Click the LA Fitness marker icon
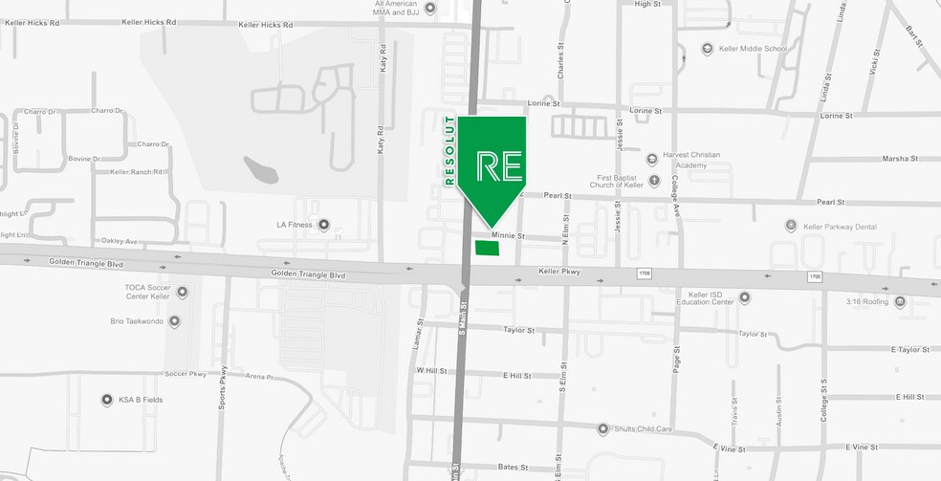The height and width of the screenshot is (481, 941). (323, 226)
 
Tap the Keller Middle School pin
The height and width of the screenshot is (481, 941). (707, 49)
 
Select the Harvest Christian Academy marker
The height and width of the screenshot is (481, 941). (652, 159)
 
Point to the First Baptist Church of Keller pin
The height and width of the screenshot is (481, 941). (654, 180)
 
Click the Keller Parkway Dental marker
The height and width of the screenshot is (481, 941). (791, 226)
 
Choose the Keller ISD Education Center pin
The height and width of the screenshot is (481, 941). (745, 298)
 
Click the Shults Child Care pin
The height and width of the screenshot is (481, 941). (602, 429)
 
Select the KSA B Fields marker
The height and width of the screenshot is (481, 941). (107, 400)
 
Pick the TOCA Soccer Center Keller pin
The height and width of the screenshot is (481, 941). (182, 293)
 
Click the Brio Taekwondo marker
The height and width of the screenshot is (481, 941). (182, 322)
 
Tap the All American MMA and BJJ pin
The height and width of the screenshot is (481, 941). (429, 9)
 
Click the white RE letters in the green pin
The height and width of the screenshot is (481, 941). (499, 164)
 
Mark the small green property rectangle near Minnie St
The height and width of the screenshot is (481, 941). (487, 249)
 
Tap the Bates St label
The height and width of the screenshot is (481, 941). (513, 468)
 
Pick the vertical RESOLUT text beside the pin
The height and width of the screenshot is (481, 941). (449, 150)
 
